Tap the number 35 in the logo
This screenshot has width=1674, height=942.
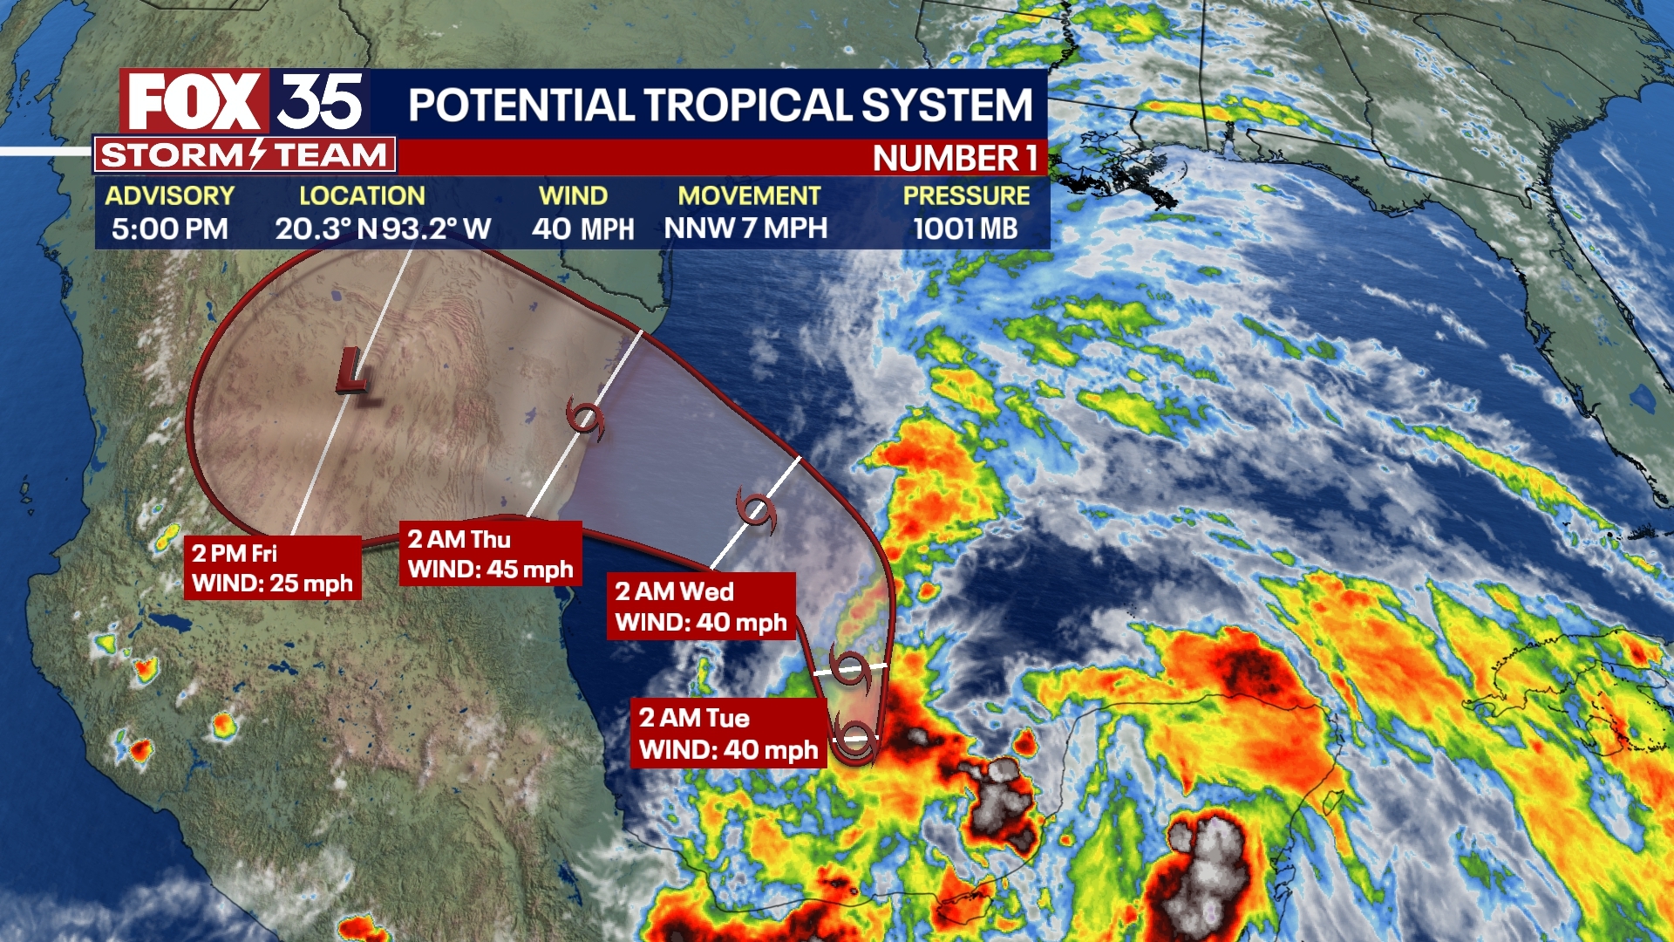pyautogui.click(x=320, y=102)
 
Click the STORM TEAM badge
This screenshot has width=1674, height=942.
pyautogui.click(x=244, y=155)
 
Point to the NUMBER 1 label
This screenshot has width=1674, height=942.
pyautogui.click(x=955, y=159)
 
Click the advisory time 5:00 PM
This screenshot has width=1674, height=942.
pyautogui.click(x=169, y=229)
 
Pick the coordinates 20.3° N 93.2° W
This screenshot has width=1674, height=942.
pyautogui.click(x=383, y=229)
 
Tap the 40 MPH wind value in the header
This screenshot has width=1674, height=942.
pyautogui.click(x=582, y=229)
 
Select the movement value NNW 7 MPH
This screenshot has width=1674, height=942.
pyautogui.click(x=745, y=229)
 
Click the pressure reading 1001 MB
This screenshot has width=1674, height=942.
pyautogui.click(x=965, y=229)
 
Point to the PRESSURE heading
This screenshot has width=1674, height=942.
pyautogui.click(x=966, y=195)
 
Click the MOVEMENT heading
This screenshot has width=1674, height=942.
pyautogui.click(x=749, y=195)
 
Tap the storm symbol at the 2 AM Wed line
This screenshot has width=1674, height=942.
pyautogui.click(x=755, y=510)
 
